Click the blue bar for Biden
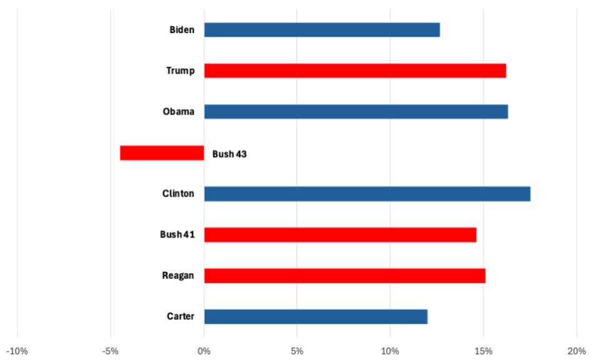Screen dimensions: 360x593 321,30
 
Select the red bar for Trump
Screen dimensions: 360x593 355,71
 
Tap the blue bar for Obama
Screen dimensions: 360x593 356,112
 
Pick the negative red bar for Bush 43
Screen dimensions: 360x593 162,153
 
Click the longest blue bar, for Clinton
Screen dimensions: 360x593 367,193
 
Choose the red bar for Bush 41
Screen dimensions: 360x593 340,235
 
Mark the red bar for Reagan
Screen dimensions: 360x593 345,276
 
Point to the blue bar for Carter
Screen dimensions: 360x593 315,316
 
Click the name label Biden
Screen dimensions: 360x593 182,30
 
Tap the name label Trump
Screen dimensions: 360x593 180,71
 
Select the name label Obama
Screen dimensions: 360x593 179,112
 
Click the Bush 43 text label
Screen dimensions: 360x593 229,153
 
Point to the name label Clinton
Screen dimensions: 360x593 178,193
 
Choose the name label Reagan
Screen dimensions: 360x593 178,276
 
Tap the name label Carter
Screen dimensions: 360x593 180,316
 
